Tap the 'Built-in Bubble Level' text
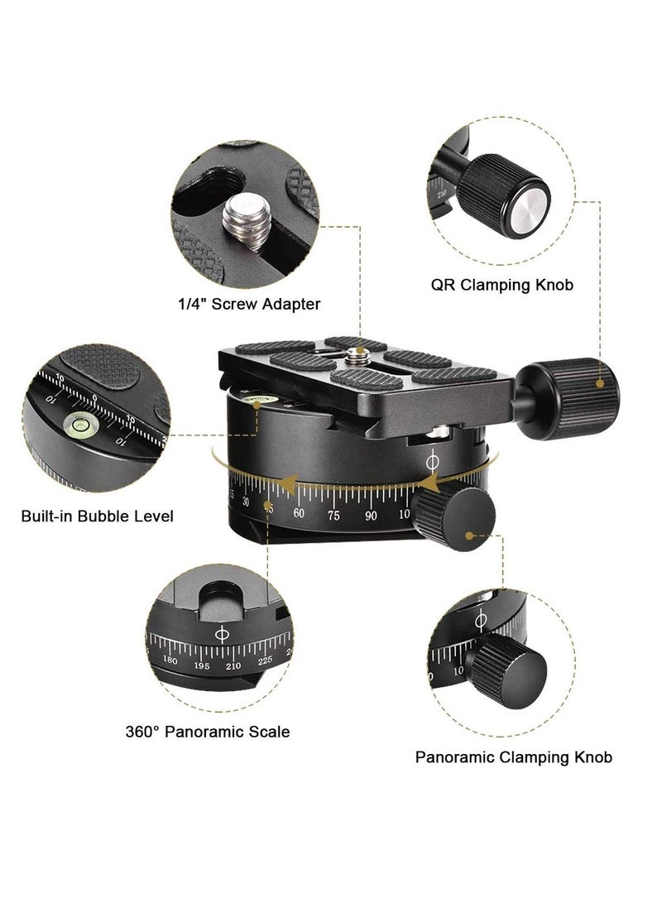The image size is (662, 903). pyautogui.click(x=97, y=516)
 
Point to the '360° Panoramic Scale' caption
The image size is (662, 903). pyautogui.click(x=208, y=732)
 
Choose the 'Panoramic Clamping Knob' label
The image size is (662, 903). pyautogui.click(x=513, y=757)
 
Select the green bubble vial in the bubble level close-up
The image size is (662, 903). pyautogui.click(x=82, y=425)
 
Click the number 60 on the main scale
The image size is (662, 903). pyautogui.click(x=299, y=514)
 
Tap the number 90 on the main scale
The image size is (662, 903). pyautogui.click(x=372, y=516)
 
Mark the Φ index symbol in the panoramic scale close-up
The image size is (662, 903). pyautogui.click(x=222, y=634)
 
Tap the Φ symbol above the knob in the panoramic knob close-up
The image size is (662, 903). pyautogui.click(x=481, y=619)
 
